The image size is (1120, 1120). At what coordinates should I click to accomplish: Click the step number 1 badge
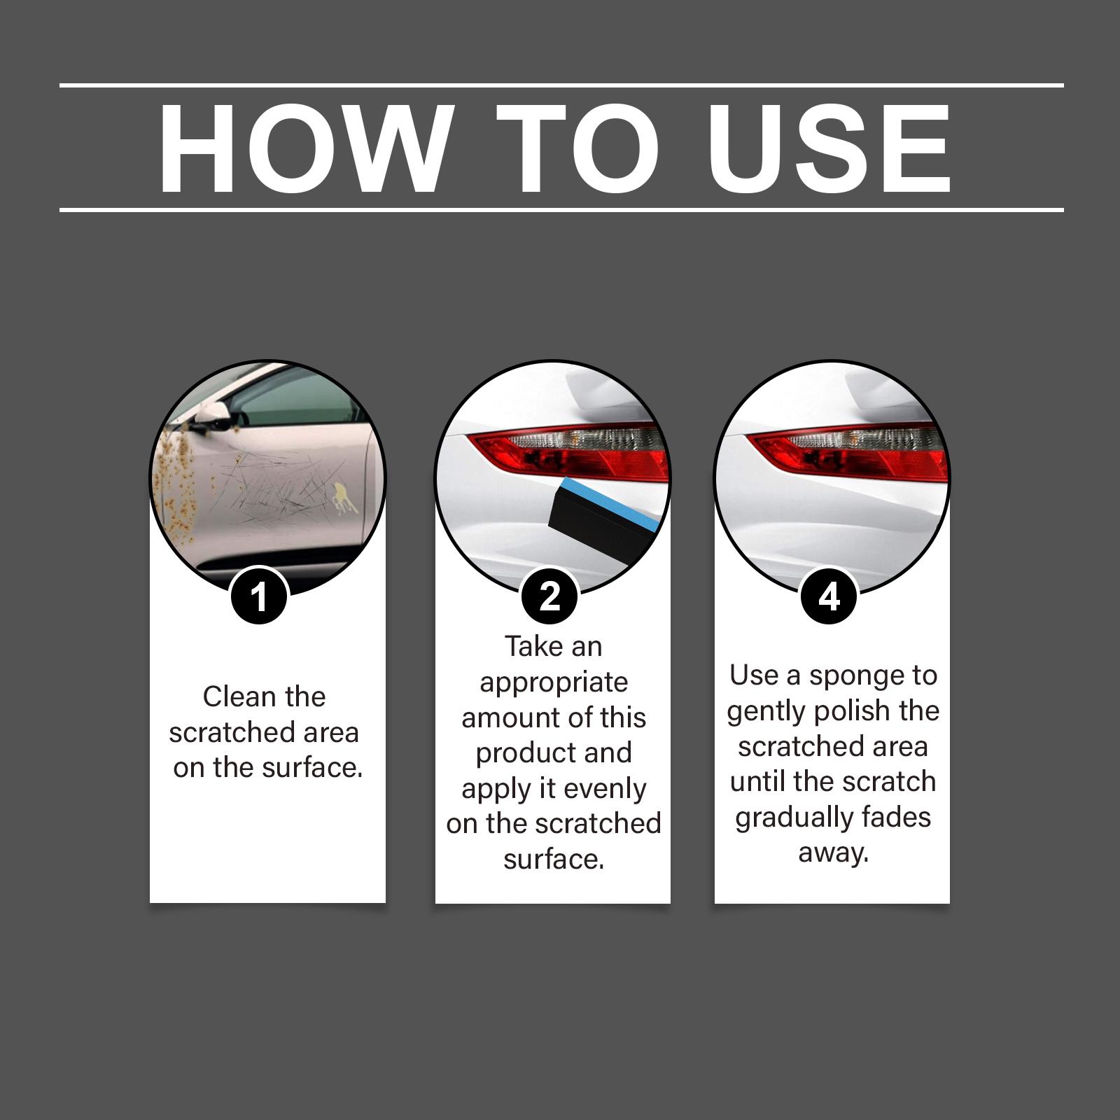pyautogui.click(x=259, y=597)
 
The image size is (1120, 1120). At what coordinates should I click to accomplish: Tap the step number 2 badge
pyautogui.click(x=550, y=597)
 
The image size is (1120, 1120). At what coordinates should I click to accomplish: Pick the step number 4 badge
pyautogui.click(x=829, y=597)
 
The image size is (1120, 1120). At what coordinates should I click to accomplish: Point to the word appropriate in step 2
pyautogui.click(x=554, y=683)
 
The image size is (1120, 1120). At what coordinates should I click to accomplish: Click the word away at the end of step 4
pyautogui.click(x=833, y=854)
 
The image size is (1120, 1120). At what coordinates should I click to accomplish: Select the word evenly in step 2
pyautogui.click(x=605, y=790)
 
